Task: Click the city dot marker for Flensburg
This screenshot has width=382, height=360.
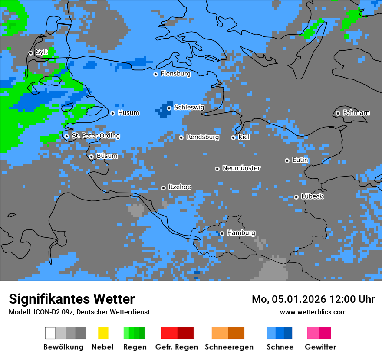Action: pyautogui.click(x=155, y=74)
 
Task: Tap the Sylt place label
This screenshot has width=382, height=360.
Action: pyautogui.click(x=42, y=52)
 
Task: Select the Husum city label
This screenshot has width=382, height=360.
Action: pyautogui.click(x=128, y=113)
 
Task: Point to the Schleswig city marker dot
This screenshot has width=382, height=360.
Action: pyautogui.click(x=169, y=108)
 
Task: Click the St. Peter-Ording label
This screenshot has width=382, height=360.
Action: pyautogui.click(x=96, y=136)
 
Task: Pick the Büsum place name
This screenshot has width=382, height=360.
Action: pyautogui.click(x=107, y=156)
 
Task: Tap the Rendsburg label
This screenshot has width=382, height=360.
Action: pyautogui.click(x=203, y=137)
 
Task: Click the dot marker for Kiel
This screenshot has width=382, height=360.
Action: pyautogui.click(x=233, y=137)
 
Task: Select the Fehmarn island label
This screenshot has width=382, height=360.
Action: pyautogui.click(x=356, y=113)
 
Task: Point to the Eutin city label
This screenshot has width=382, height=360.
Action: pyautogui.click(x=300, y=160)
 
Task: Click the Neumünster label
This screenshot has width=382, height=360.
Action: pyautogui.click(x=241, y=168)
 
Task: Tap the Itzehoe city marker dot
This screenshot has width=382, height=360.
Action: pyautogui.click(x=163, y=188)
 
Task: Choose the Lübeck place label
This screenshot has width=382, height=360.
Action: pyautogui.click(x=312, y=196)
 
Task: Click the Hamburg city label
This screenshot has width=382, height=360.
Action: pyautogui.click(x=241, y=233)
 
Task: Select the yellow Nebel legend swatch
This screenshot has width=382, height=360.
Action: pyautogui.click(x=103, y=333)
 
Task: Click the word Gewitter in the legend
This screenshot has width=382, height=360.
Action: pyautogui.click(x=320, y=347)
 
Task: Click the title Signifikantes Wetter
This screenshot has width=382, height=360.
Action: pyautogui.click(x=72, y=299)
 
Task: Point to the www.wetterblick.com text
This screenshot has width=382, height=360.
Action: pyautogui.click(x=313, y=312)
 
